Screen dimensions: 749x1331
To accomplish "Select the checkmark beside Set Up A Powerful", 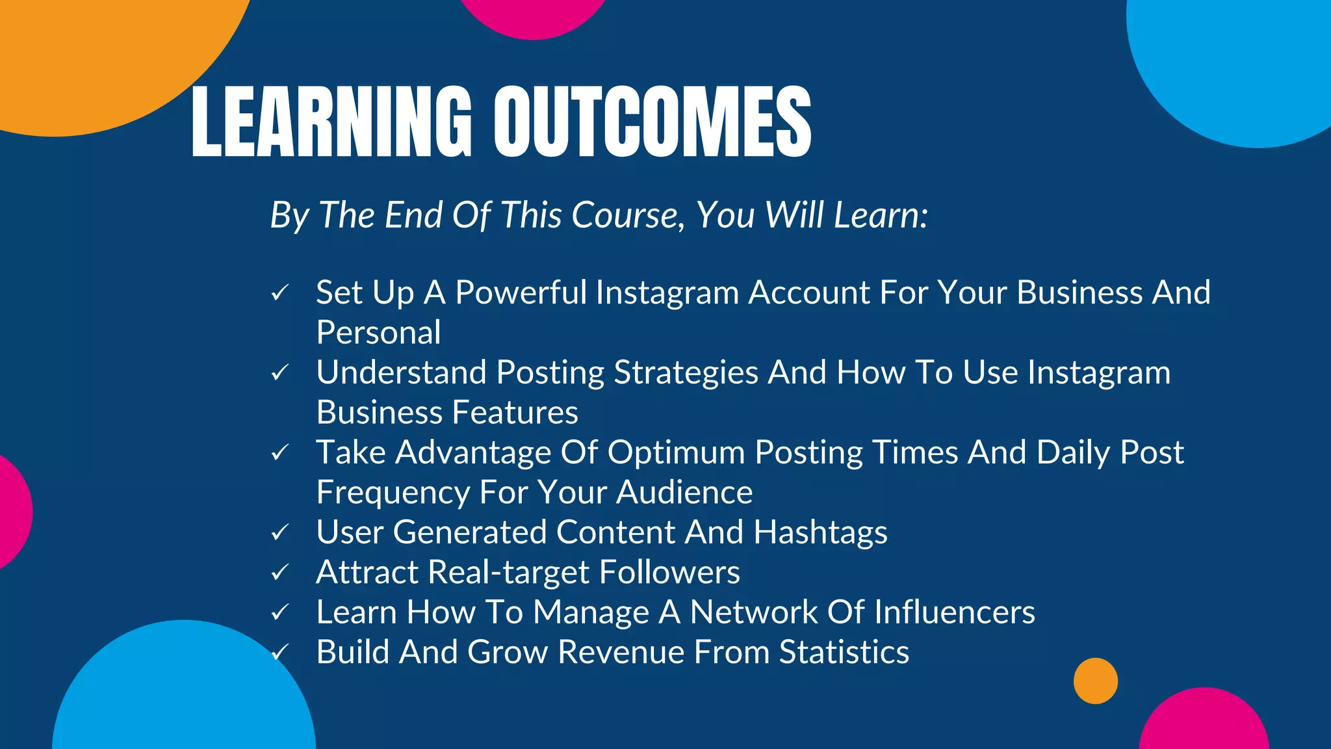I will [280, 293].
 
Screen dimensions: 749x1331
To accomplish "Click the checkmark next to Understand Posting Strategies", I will [280, 373].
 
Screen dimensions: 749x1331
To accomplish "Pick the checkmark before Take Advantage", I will [280, 453].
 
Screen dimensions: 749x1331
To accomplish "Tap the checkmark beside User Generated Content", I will [280, 533].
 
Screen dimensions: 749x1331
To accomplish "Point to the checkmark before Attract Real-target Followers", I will [280, 573].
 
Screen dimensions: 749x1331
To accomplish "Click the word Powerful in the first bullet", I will [521, 293].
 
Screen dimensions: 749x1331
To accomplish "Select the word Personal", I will [378, 333].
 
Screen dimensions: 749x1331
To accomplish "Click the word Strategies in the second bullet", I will [686, 373].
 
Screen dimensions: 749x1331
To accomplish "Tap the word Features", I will [515, 413].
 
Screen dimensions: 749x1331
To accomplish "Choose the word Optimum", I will [676, 453].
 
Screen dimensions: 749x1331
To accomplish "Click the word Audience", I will [684, 492].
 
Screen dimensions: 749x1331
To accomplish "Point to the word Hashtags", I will [820, 533].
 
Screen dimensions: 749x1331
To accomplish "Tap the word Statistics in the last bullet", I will [844, 652].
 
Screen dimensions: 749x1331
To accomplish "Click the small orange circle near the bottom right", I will [1095, 681].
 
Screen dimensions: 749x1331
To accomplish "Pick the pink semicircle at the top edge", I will [533, 16].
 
